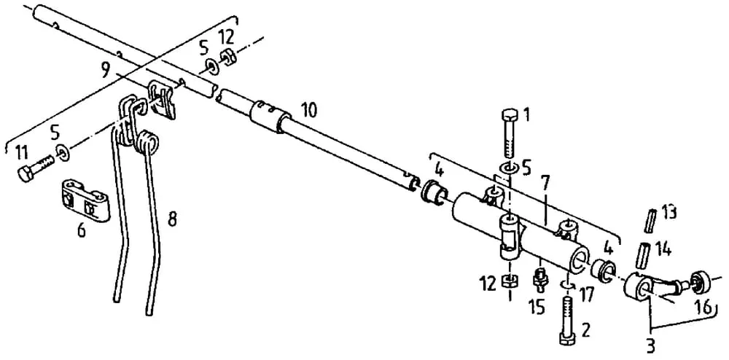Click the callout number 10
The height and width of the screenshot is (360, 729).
(308, 110)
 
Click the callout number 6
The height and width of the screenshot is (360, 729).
(82, 230)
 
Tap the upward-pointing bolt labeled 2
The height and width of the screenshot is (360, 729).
(567, 321)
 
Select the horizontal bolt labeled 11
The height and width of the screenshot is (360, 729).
(35, 168)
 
